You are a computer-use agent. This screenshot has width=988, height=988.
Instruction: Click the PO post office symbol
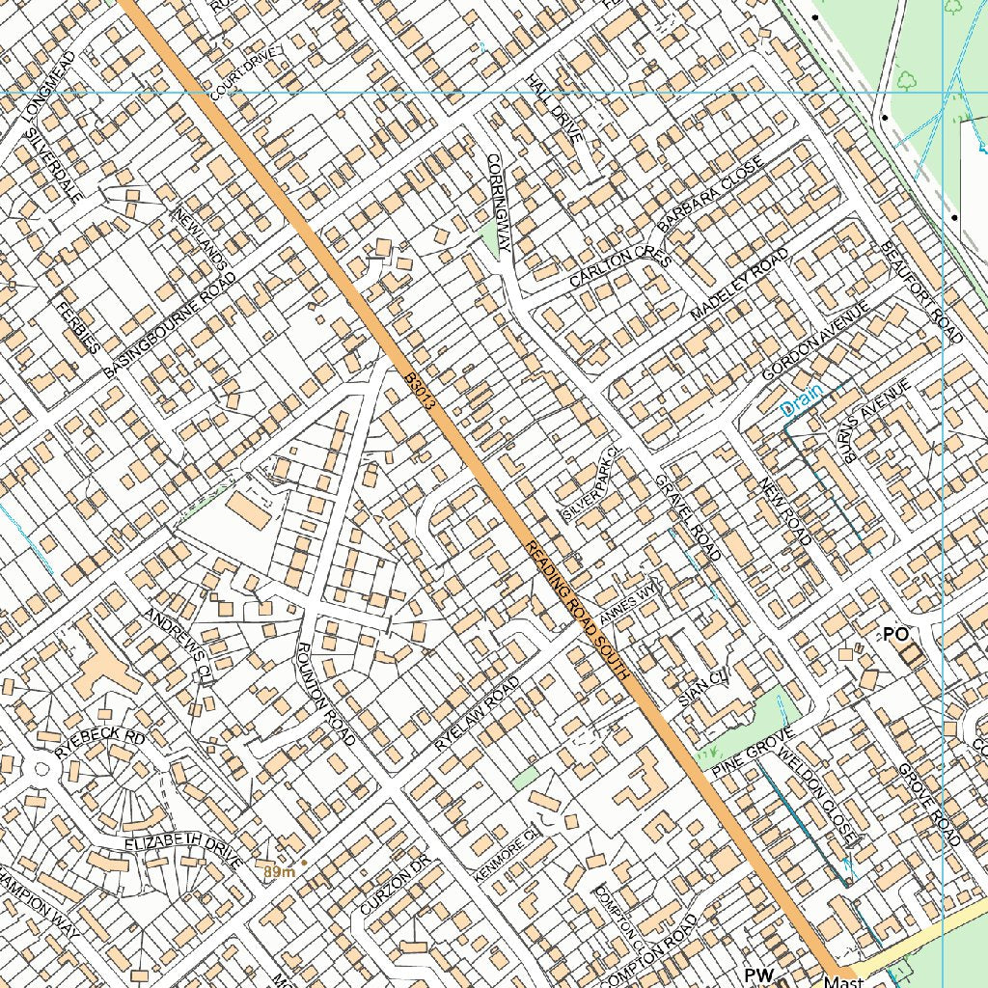coord(896,634)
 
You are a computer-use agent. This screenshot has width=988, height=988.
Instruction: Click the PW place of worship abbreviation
coord(759,975)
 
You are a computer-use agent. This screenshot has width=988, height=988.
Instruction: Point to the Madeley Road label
coord(740,285)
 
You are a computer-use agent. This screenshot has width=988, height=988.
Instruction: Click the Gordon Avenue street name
coord(815,341)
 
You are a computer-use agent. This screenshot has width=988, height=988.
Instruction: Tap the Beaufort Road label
coord(921,290)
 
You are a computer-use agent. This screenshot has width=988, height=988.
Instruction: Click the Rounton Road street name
coord(326,693)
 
